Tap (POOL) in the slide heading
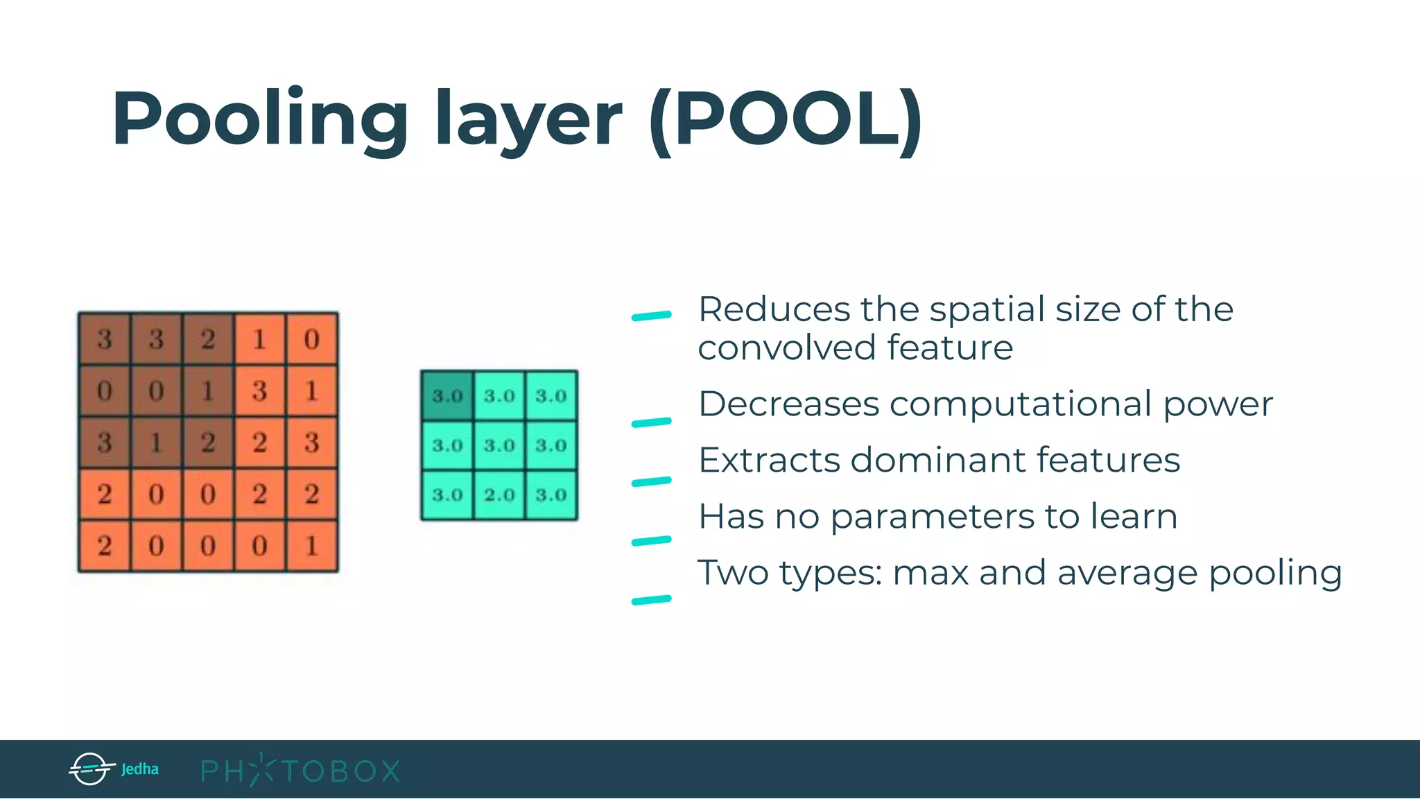click(786, 119)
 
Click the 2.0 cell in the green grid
click(499, 495)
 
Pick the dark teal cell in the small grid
click(447, 395)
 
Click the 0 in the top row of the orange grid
click(311, 338)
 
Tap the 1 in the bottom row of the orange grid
click(311, 546)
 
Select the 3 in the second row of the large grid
click(259, 390)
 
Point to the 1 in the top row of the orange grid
click(259, 338)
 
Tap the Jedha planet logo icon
click(90, 768)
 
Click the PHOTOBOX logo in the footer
click(300, 771)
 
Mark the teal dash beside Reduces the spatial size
click(651, 316)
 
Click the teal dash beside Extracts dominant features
click(651, 481)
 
